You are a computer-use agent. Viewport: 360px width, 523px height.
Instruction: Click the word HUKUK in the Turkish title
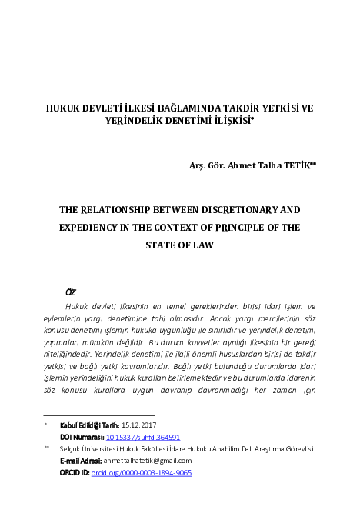pos(64,108)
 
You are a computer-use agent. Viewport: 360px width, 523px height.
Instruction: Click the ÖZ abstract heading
pos(71,292)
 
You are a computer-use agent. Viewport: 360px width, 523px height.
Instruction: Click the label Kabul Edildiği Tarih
pos(89,425)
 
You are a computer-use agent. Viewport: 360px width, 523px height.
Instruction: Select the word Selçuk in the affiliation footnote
pos(71,448)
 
